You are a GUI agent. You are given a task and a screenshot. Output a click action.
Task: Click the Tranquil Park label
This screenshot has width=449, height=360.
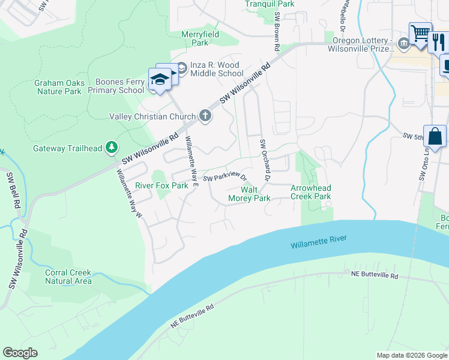click(x=270, y=4)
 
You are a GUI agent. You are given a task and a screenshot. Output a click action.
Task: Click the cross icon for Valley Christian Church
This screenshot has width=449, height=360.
click(x=205, y=116)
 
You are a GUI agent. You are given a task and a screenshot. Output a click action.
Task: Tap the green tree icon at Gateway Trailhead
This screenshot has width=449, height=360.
click(x=111, y=147)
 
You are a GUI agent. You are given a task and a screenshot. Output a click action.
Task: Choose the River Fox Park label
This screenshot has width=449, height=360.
click(x=161, y=186)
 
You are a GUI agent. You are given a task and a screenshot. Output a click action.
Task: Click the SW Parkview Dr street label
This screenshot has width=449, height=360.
click(x=224, y=178)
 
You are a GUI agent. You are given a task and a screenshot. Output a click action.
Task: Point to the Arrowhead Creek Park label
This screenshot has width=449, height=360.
click(x=311, y=192)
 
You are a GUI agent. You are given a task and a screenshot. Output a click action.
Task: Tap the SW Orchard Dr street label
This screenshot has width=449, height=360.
click(x=265, y=161)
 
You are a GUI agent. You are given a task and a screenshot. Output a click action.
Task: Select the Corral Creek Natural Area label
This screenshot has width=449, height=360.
click(x=68, y=277)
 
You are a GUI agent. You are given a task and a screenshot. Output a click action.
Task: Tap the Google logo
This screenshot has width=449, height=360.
click(x=20, y=353)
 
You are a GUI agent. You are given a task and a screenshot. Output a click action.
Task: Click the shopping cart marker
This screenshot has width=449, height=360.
click(x=420, y=33)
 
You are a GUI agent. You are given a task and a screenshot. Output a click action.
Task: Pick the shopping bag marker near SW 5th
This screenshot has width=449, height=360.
click(x=435, y=137)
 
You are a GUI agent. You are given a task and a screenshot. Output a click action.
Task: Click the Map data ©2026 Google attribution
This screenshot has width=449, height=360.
click(x=411, y=355)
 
